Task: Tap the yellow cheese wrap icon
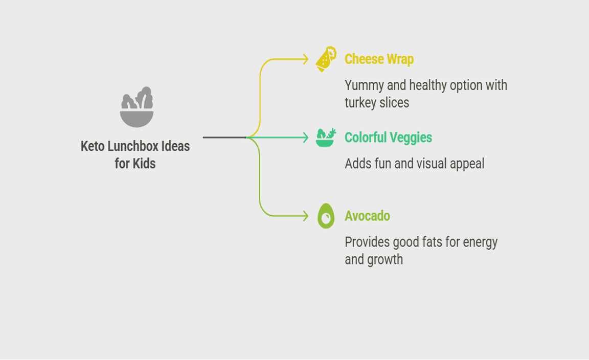(x=326, y=59)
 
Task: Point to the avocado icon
(x=326, y=216)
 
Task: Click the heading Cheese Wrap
(x=379, y=59)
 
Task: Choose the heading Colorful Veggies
(x=389, y=138)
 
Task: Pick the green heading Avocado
(x=368, y=216)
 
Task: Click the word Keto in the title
(x=93, y=146)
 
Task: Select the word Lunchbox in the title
(x=133, y=146)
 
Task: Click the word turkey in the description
(x=358, y=103)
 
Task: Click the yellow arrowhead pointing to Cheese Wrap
(x=305, y=59)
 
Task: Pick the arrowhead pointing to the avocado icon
(x=305, y=216)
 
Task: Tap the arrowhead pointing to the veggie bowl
(x=305, y=138)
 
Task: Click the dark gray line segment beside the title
(x=224, y=138)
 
